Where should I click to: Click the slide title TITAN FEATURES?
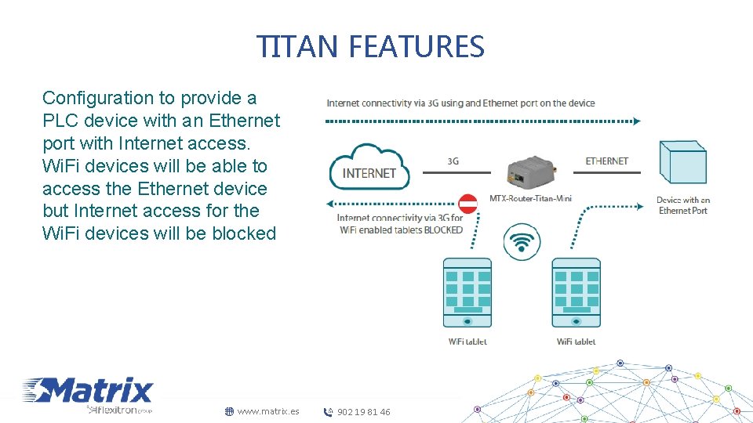(370, 47)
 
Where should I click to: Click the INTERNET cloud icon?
(369, 167)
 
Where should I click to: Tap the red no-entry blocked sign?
(467, 204)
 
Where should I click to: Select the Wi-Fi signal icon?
(521, 241)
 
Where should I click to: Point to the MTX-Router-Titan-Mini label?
(530, 198)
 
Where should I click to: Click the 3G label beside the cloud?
(453, 161)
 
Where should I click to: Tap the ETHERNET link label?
(606, 161)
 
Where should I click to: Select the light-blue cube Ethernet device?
(683, 163)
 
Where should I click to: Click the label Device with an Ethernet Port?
(683, 205)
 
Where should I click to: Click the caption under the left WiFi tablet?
(467, 342)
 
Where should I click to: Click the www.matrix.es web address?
(268, 411)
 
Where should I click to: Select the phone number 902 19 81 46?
(363, 412)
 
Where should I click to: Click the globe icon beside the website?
(229, 411)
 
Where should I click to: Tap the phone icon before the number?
(329, 412)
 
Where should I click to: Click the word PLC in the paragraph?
(60, 121)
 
